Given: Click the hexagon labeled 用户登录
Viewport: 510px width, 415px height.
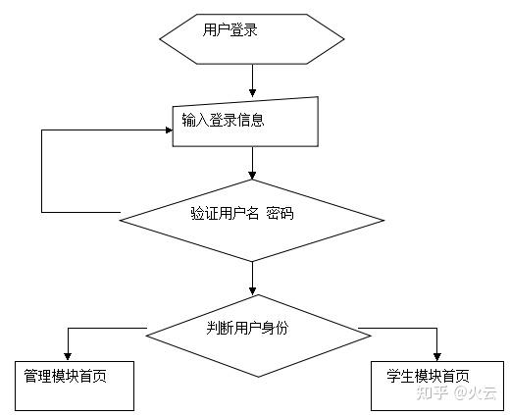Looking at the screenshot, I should pos(252,39).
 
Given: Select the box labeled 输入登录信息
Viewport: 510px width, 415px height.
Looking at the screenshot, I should pos(246,122).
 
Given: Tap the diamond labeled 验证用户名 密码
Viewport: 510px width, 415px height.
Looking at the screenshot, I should pos(253,221).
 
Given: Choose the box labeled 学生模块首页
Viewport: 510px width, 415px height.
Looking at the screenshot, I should pos(434,386).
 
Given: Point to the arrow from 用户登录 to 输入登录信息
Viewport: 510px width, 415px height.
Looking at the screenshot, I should pos(253,78).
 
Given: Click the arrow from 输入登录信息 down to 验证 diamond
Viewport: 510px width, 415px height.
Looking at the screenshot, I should pos(253,163).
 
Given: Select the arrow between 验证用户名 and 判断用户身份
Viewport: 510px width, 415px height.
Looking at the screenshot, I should pos(253,277).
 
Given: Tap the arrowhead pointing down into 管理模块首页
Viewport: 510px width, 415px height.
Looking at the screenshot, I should pos(67,354).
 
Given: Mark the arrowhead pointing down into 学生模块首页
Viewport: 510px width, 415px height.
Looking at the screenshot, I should pos(437,354).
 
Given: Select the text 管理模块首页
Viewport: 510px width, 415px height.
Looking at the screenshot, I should pos(65,376).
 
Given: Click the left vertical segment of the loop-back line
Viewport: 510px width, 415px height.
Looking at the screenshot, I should pos(41,170).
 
